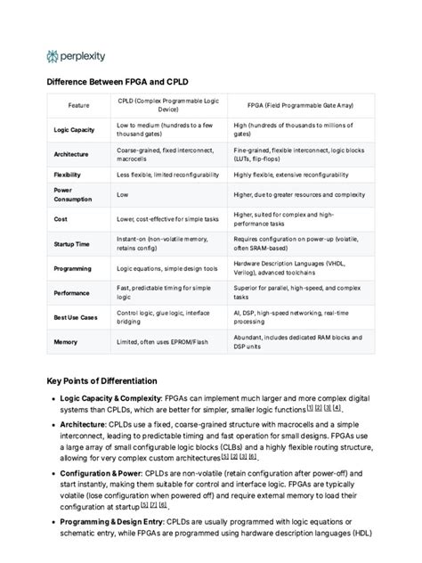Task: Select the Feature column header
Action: pos(78,105)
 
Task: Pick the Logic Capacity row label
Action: pos(74,130)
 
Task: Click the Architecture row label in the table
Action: pos(71,154)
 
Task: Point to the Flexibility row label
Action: pos(68,175)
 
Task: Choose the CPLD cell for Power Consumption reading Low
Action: pos(123,194)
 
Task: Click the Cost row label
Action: pos(61,219)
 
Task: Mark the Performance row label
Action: pos(72,292)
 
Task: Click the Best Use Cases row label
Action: pos(76,316)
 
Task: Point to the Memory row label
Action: pos(65,341)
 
